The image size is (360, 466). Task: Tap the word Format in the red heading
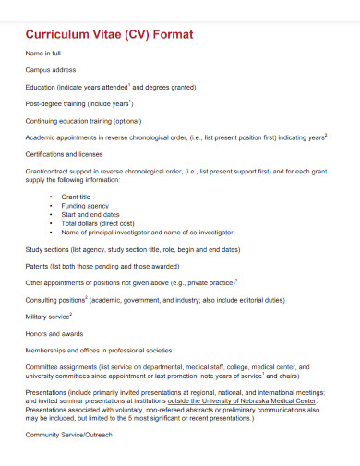[172, 35]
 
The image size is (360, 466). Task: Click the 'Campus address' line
[51, 69]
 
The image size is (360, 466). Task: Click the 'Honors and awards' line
[53, 333]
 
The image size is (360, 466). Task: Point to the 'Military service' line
[49, 317]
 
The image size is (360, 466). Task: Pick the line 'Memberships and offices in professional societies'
[99, 351]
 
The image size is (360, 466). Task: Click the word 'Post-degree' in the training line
[43, 103]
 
